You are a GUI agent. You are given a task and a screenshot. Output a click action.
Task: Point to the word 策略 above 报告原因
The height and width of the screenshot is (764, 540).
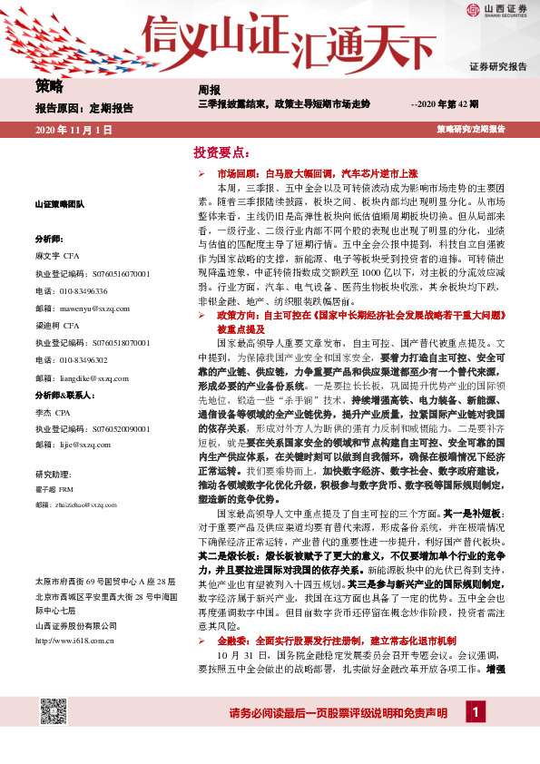coord(50,88)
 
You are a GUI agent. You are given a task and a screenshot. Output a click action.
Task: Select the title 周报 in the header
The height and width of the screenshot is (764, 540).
coord(209,91)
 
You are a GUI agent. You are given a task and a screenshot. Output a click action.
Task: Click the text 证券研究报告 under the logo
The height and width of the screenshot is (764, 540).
coord(497,67)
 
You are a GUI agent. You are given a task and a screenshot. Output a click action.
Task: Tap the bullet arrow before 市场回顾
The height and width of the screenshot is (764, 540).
coord(201,171)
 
